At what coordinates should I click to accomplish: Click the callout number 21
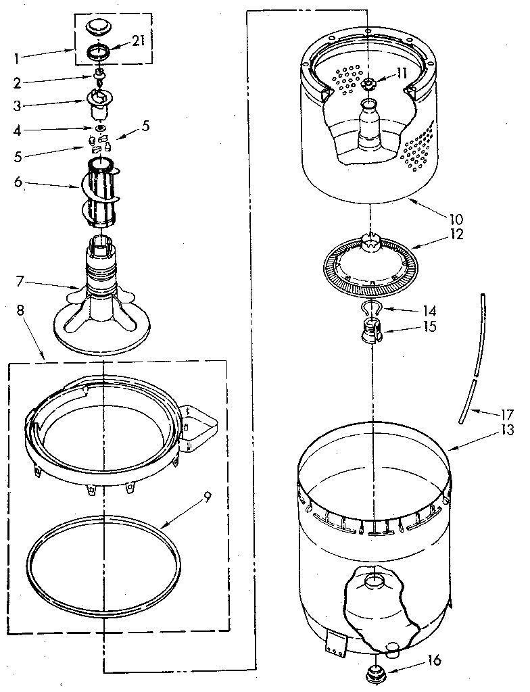(x=138, y=42)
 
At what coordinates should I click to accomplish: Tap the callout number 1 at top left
(x=16, y=57)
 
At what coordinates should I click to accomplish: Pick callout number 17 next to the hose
(x=508, y=414)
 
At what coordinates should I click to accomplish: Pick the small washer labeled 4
(x=101, y=128)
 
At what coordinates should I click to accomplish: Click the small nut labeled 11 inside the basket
(x=369, y=84)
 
